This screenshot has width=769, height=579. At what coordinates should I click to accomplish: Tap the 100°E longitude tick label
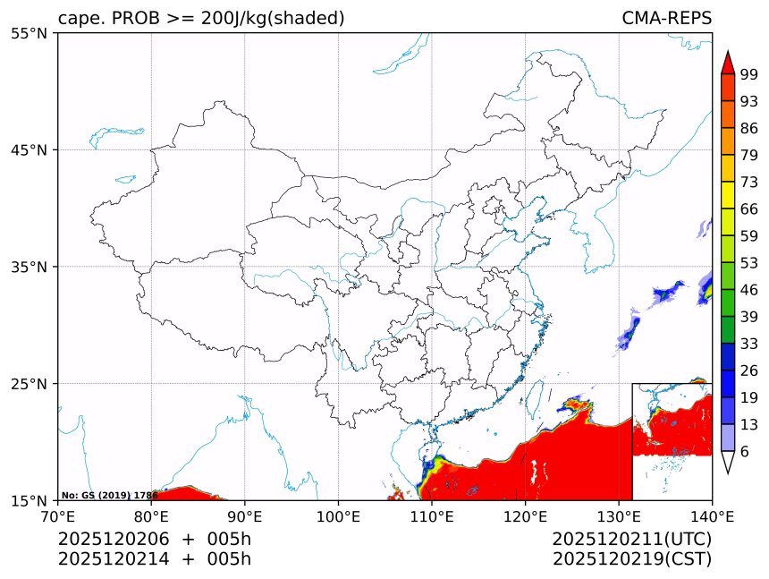(338, 516)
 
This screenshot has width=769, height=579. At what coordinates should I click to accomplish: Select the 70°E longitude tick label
(58, 516)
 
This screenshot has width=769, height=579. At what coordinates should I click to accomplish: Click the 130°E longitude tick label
(619, 516)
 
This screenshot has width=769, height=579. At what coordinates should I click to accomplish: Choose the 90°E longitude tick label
(245, 516)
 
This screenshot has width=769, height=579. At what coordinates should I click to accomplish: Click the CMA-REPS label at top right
(666, 19)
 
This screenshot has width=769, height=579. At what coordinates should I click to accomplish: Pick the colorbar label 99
(749, 73)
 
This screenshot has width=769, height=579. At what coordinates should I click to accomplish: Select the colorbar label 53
(749, 262)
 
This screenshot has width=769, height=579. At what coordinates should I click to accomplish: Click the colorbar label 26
(749, 370)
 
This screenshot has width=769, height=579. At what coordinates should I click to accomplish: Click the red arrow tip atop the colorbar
(728, 63)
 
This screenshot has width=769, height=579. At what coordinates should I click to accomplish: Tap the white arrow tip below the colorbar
(728, 463)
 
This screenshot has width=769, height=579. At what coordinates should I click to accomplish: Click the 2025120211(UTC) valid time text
(631, 540)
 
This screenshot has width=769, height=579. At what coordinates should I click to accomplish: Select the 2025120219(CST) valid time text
(631, 559)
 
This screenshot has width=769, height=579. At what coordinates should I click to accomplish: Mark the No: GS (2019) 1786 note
(109, 495)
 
